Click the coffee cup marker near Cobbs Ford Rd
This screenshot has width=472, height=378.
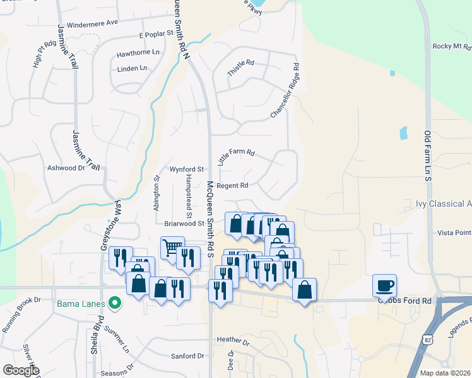click(x=384, y=286)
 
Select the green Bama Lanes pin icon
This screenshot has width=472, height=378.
click(x=114, y=304)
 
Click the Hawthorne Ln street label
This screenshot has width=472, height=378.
click(x=138, y=53)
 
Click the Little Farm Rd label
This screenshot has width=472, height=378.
click(x=236, y=157)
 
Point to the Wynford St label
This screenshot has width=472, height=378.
click(x=186, y=169)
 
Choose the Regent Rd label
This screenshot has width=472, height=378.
click(x=232, y=186)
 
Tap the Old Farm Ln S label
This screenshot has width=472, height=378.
click(x=427, y=157)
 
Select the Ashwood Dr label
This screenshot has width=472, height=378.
click(x=66, y=168)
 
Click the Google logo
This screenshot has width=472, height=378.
click(x=21, y=370)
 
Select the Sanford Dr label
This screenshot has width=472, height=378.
click(x=188, y=356)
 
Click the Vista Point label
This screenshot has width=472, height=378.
click(x=453, y=232)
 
